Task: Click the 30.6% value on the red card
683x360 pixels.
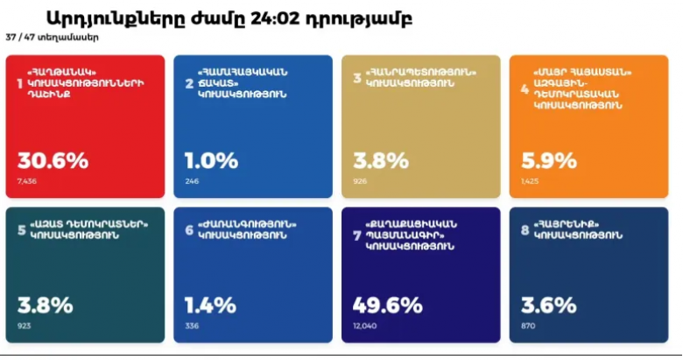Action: point(53,161)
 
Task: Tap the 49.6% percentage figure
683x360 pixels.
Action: point(388,305)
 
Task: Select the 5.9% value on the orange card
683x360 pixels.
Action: point(548,161)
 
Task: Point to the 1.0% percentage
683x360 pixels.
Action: point(211,161)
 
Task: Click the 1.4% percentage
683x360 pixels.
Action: point(210,305)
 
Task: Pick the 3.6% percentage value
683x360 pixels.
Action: point(548,305)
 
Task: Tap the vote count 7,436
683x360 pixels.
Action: point(27,181)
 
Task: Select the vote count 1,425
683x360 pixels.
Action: point(530,181)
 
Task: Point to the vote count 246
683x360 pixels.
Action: point(192,181)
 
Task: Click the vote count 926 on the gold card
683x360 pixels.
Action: point(360,181)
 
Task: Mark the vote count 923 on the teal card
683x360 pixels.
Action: point(25,325)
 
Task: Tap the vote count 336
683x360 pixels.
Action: point(192,325)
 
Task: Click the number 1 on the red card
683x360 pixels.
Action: point(20,82)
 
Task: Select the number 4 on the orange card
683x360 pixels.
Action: point(525,88)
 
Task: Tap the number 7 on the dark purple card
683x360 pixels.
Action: point(356,236)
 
